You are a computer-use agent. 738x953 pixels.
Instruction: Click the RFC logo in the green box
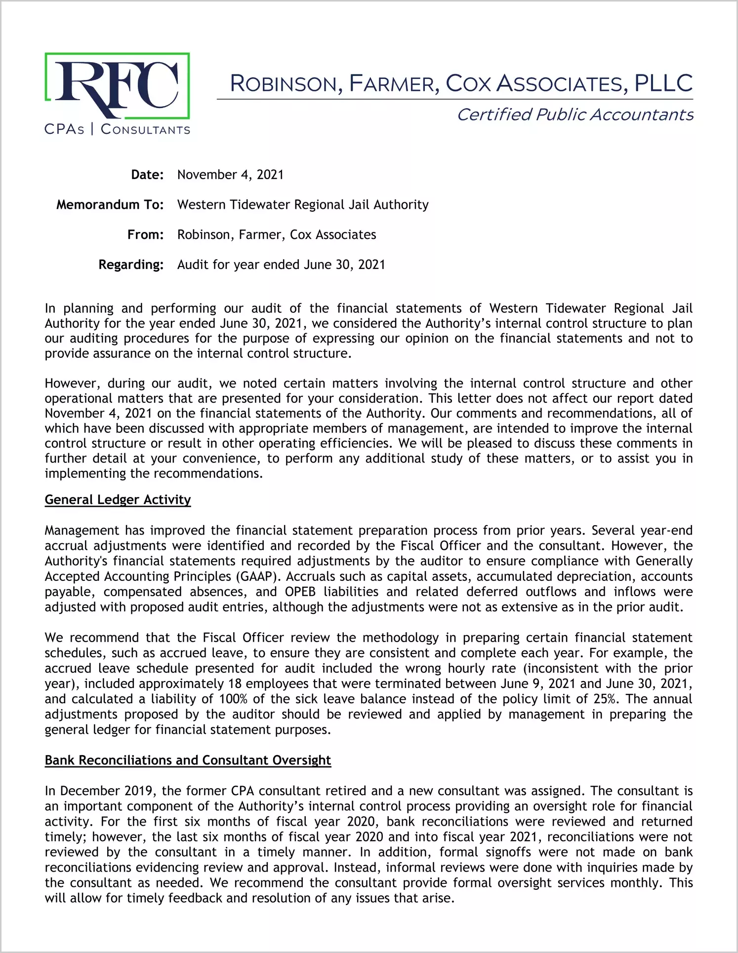117,86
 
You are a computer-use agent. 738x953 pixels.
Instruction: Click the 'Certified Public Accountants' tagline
574,114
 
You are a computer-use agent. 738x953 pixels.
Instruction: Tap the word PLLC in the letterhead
663,83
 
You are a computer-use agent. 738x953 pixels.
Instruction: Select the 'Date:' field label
147,175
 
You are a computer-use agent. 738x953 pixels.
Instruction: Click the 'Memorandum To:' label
110,205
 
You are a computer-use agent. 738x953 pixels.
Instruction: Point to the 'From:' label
145,235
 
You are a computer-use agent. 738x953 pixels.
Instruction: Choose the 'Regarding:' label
131,265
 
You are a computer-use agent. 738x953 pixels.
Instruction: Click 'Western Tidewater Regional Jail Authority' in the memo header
303,205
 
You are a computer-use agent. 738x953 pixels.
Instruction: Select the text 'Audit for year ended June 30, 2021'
281,265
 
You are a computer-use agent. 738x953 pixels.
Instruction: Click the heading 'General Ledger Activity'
118,500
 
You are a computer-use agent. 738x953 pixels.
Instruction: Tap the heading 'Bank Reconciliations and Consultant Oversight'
188,761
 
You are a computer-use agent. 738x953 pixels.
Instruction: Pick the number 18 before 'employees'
235,684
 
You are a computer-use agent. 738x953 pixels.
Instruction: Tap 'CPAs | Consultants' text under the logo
117,130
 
